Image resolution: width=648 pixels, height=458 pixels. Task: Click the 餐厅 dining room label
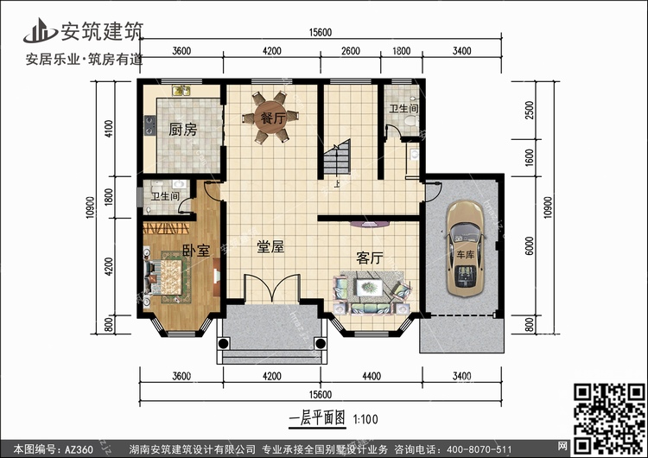[272, 118]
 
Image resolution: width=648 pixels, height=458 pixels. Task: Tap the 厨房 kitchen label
[182, 130]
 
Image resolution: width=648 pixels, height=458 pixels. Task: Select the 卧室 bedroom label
[196, 250]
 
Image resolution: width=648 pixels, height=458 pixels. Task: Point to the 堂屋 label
[270, 247]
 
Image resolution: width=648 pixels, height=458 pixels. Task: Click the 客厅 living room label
[370, 258]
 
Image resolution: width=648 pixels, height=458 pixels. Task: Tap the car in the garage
[466, 248]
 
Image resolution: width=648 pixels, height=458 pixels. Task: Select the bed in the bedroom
[166, 277]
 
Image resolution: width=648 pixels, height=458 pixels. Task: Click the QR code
[610, 418]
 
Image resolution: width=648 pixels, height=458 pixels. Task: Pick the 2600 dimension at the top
[351, 51]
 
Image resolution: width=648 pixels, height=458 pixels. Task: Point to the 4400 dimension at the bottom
[372, 376]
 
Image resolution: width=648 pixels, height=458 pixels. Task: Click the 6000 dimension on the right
[530, 245]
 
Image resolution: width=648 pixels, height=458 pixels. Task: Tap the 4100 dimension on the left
[109, 129]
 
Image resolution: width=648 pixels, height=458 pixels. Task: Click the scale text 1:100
[365, 419]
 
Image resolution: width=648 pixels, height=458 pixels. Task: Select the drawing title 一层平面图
[317, 418]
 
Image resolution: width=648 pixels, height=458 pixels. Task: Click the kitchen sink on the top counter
[181, 91]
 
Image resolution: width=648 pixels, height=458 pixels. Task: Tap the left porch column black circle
[223, 343]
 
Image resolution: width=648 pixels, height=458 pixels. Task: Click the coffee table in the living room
[369, 287]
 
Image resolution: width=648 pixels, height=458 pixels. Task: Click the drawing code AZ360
[79, 449]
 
